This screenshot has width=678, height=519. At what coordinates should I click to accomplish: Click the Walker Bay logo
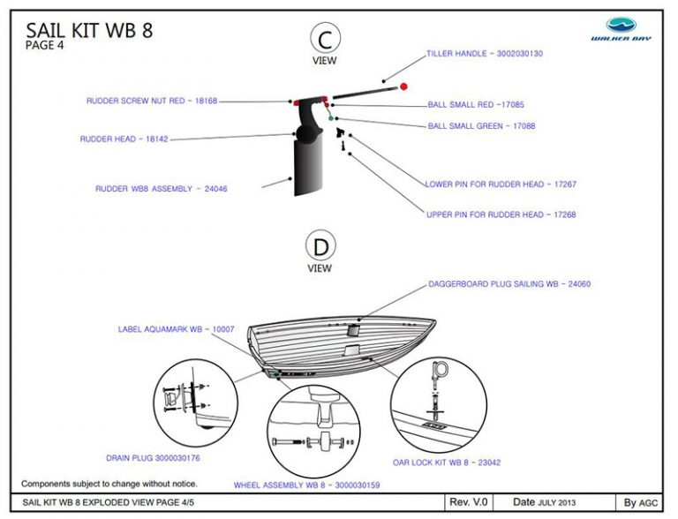[621, 28]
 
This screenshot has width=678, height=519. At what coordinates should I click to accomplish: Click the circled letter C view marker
[325, 39]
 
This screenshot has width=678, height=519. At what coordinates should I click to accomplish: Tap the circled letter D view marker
[319, 244]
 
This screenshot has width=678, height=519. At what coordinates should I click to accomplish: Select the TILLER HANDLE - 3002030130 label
[485, 54]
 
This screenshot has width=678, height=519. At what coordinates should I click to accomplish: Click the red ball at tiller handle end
[403, 86]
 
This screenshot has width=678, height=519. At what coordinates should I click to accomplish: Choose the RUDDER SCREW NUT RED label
[151, 101]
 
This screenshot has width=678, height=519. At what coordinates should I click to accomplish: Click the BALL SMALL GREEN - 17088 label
[481, 126]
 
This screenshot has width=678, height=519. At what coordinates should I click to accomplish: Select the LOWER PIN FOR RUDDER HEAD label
[501, 184]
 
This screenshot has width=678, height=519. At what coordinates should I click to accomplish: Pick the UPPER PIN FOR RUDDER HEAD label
[497, 214]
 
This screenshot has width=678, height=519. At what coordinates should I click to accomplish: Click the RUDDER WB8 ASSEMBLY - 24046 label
[167, 188]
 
